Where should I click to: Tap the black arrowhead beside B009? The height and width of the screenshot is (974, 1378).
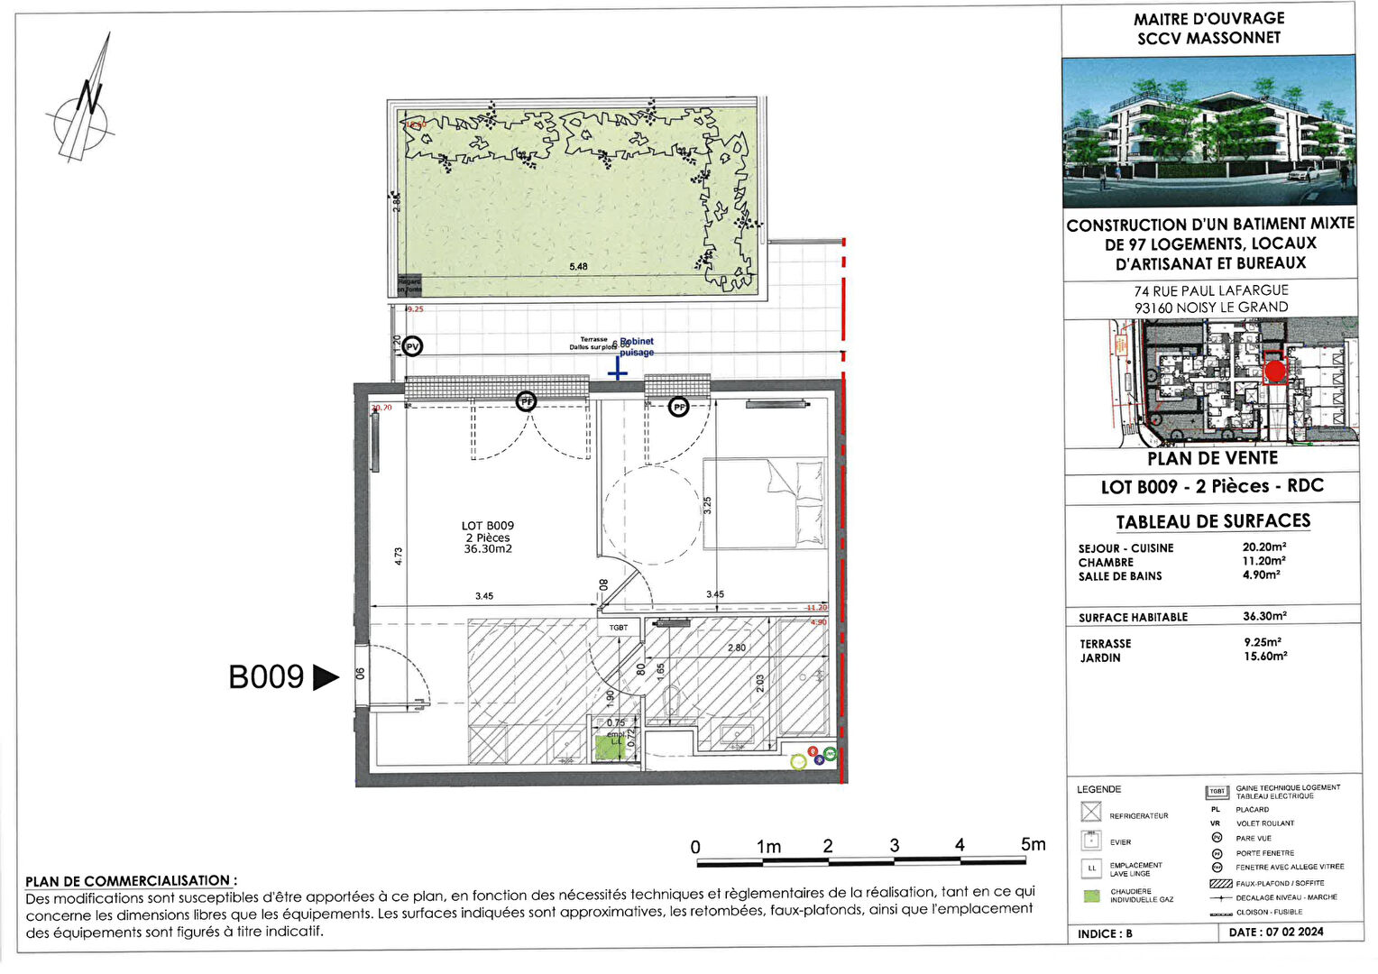(x=325, y=677)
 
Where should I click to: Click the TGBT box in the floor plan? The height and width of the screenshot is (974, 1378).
(x=618, y=628)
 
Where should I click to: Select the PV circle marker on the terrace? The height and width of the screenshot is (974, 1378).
(x=412, y=346)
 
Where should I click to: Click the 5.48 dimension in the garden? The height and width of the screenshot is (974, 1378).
(x=578, y=267)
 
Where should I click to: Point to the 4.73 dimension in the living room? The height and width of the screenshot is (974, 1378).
(x=399, y=556)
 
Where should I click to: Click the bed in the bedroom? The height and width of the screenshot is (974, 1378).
(x=764, y=502)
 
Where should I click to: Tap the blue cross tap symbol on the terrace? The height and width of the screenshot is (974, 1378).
(x=618, y=371)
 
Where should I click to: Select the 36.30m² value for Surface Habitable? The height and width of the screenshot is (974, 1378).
(x=1264, y=617)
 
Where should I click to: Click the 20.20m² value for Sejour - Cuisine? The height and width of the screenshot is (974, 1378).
(x=1263, y=547)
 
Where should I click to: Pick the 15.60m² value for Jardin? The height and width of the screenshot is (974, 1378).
(x=1265, y=657)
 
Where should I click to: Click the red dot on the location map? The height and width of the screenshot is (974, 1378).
(x=1274, y=371)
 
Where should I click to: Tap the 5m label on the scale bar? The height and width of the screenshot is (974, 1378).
(x=1033, y=845)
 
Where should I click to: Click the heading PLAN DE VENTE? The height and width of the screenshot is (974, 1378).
(x=1212, y=459)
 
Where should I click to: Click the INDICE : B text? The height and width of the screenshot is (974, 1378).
(x=1105, y=933)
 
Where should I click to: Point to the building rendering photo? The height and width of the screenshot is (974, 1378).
(x=1208, y=132)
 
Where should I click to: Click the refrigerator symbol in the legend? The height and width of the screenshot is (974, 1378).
(x=1091, y=813)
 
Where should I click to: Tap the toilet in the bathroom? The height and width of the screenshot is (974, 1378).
(x=670, y=701)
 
